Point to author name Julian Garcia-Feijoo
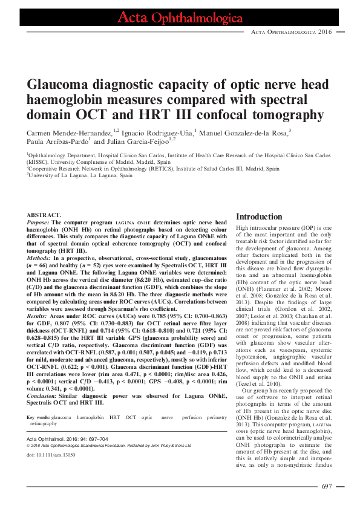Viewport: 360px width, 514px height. point(137,142)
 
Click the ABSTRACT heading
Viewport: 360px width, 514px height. point(44,215)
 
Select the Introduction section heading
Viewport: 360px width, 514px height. point(258,216)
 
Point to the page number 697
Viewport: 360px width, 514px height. point(327,486)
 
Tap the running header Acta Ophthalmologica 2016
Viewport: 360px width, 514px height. point(290,31)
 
